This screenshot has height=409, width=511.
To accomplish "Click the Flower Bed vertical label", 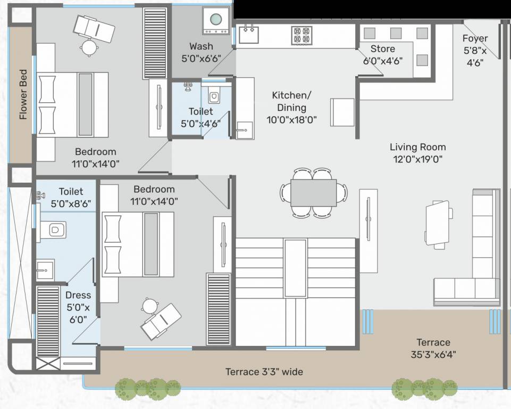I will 23,94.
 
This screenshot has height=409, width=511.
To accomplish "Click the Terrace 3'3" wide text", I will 264,372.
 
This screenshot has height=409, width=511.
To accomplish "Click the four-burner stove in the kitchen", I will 301,35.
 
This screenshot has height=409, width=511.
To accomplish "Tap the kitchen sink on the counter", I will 248,35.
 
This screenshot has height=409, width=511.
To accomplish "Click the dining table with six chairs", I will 313,192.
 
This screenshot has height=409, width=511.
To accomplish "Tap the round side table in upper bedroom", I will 89,48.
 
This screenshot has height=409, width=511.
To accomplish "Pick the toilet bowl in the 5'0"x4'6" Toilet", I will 214,97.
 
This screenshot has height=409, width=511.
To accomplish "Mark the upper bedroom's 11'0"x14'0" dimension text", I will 95,163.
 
